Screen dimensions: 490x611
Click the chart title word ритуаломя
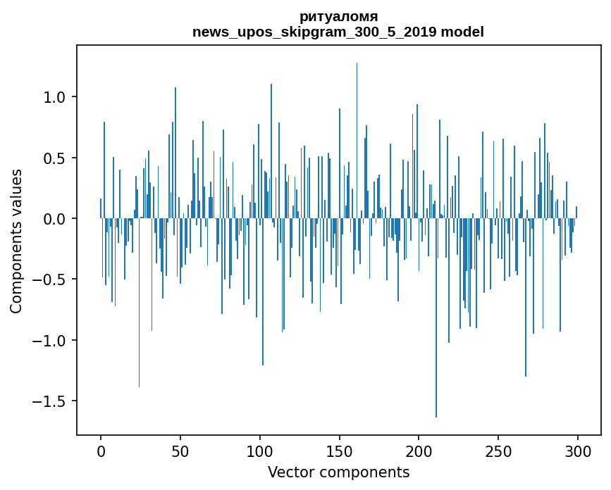pos(338,16)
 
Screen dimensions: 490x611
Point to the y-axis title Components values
pos(16,241)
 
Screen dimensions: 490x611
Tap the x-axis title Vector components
pos(338,472)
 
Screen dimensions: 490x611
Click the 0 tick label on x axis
pos(101,450)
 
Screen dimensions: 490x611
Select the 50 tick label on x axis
pos(180,450)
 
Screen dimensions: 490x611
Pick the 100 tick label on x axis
pos(260,450)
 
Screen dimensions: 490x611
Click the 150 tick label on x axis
pos(340,450)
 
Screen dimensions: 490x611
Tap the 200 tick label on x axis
pos(419,450)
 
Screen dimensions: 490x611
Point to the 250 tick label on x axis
pos(498,450)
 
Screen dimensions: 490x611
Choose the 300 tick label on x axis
pos(578,450)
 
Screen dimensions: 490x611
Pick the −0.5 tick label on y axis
pos(51,280)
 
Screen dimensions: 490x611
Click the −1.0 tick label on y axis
pos(51,341)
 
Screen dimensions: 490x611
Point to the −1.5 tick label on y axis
pos(51,401)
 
